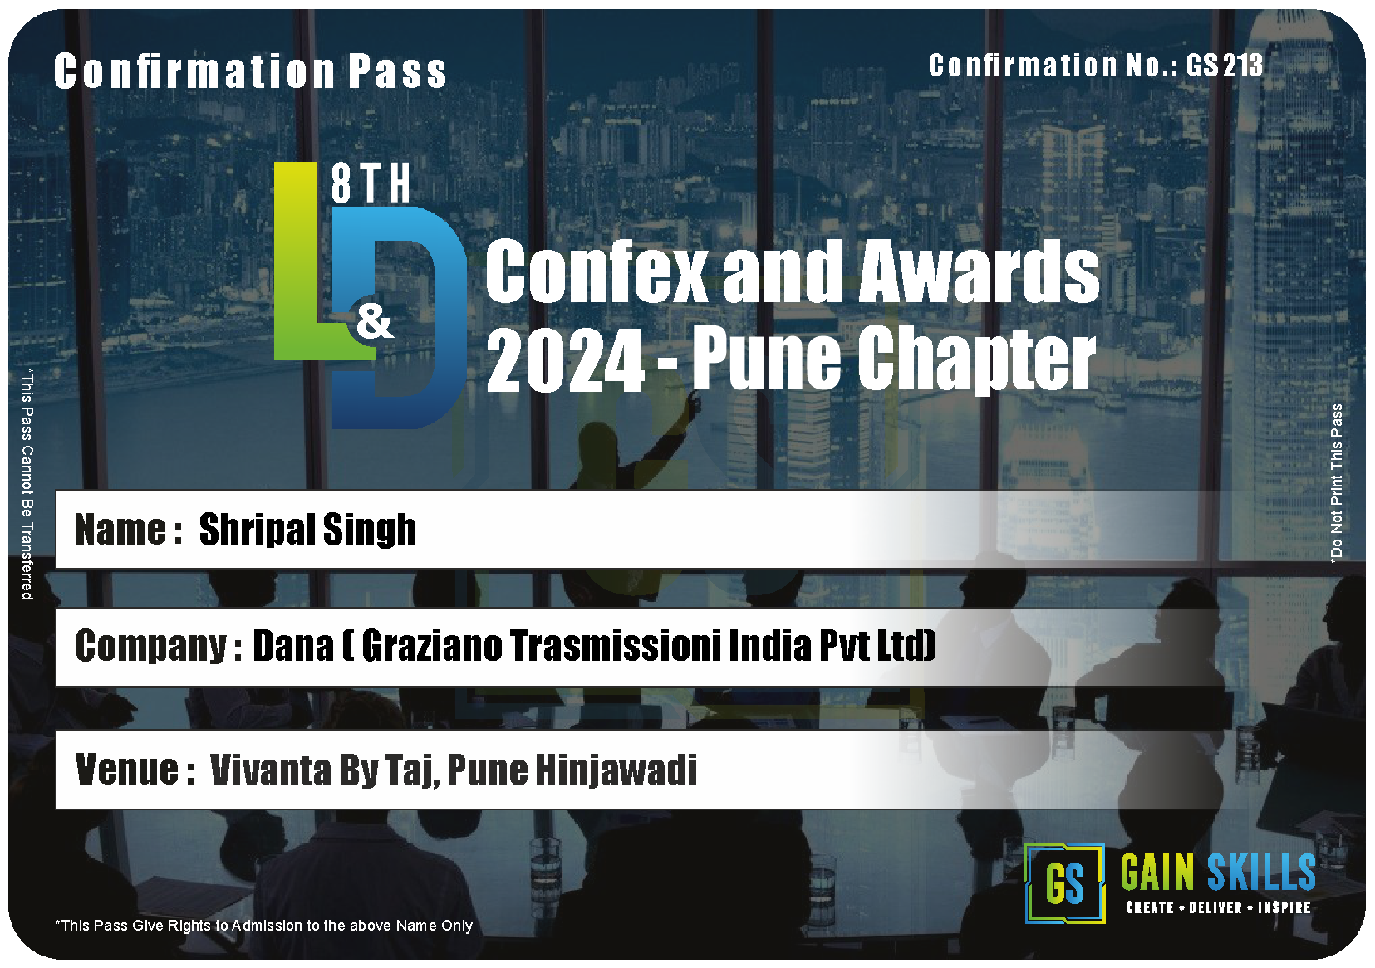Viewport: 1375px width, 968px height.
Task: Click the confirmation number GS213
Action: [1224, 66]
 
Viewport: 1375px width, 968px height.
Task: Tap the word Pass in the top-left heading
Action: [398, 71]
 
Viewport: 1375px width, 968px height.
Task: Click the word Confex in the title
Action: [596, 271]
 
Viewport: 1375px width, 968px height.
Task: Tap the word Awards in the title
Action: [979, 271]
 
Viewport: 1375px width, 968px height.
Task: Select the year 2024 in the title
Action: [565, 359]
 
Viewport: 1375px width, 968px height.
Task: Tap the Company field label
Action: [158, 648]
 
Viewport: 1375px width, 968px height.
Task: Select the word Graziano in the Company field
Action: [432, 646]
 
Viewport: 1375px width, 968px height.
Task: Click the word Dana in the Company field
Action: [293, 646]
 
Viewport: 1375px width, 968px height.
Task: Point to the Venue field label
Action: [135, 770]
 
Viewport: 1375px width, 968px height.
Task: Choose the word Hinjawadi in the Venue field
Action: [616, 770]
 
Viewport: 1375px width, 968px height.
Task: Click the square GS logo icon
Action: [1065, 883]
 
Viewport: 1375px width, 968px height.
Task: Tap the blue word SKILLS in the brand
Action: [1261, 873]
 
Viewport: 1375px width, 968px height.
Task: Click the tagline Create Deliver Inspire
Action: [1219, 908]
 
